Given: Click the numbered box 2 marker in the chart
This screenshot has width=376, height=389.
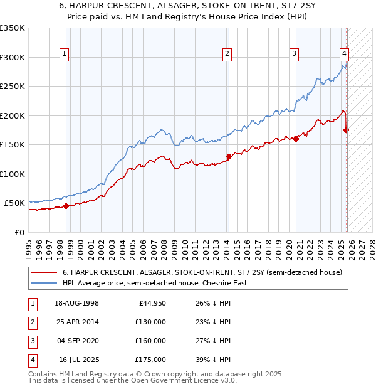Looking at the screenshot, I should [227, 55].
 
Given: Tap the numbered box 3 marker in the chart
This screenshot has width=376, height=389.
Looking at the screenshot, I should [294, 55].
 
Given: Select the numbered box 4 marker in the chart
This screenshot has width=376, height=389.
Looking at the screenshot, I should [344, 55].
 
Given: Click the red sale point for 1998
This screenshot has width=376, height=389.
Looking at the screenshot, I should [66, 206].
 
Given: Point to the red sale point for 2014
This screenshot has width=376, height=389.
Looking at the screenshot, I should [229, 157].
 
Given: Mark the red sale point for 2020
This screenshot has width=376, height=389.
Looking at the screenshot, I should [296, 139].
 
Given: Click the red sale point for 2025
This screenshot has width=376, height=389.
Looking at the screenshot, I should [347, 131].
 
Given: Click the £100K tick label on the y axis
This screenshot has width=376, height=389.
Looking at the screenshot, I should [13, 174].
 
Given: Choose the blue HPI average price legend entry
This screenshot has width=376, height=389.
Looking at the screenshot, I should [154, 283].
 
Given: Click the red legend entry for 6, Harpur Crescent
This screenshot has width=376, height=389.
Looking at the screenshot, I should [202, 272].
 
